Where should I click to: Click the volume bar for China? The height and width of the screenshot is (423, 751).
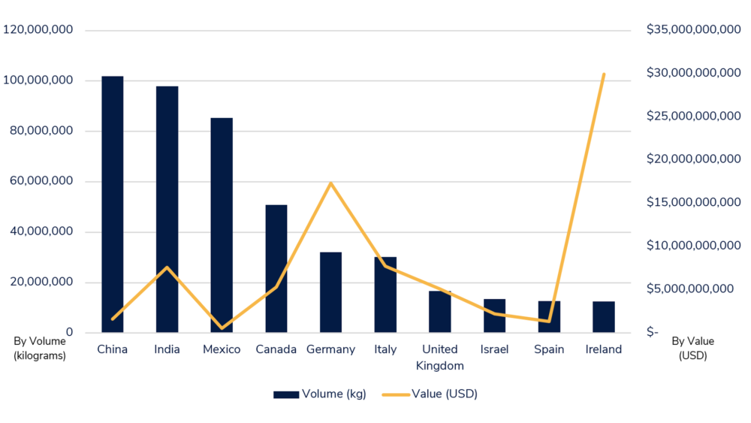coord(113,204)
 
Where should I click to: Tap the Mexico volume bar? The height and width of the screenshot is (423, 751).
coord(222,225)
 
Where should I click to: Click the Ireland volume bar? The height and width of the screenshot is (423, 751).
coord(604,316)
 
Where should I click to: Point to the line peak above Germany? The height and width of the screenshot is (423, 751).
coord(330,183)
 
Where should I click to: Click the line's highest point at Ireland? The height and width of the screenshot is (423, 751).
coord(604,74)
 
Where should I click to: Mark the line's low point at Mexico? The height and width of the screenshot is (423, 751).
coord(222,328)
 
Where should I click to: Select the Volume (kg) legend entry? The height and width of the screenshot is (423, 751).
coord(320,394)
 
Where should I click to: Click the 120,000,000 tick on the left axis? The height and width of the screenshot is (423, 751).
coord(38,30)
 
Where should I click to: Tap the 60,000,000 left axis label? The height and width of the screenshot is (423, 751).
coord(41,181)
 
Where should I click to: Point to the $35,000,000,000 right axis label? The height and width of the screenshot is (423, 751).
coord(693,30)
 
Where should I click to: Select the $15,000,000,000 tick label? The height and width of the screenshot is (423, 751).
coord(693,202)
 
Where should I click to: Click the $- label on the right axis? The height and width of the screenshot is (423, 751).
coord(652,332)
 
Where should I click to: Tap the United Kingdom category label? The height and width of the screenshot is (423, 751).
coord(439,358)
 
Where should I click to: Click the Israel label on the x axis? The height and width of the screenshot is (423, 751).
coord(494,349)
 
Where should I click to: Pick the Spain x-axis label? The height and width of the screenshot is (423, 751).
coord(549,349)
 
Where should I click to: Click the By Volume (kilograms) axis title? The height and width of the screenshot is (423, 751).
coord(40,349)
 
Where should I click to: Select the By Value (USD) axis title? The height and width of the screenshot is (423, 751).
coord(692,349)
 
